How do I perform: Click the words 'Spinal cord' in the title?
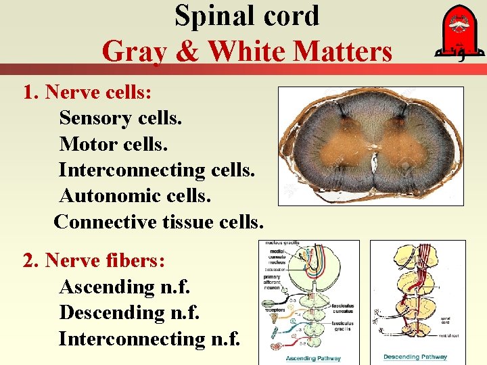click(x=247, y=16)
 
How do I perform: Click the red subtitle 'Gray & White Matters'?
click(x=247, y=51)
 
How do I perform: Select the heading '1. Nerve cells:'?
click(x=87, y=93)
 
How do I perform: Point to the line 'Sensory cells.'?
click(x=120, y=118)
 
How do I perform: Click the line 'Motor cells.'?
click(x=113, y=144)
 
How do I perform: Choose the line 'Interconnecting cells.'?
click(x=157, y=170)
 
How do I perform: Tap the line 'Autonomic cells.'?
click(x=135, y=195)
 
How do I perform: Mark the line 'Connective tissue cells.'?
click(x=158, y=221)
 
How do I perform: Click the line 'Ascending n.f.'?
click(x=124, y=287)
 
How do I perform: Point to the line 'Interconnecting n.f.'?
click(x=149, y=338)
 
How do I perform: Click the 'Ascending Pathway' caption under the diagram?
click(x=312, y=358)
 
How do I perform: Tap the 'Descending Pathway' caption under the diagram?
click(x=415, y=357)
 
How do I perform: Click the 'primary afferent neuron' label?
click(x=275, y=281)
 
